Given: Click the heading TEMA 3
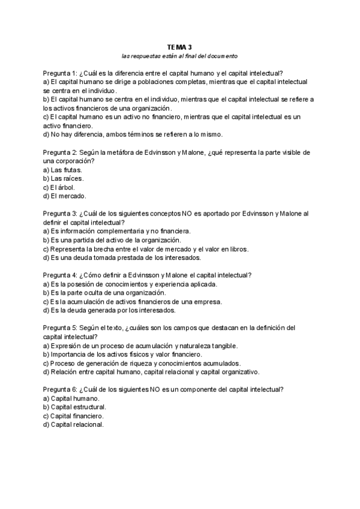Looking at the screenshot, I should tap(179, 46).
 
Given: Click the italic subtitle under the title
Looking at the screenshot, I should tap(179, 56).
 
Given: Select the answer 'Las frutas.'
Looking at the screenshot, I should tap(66, 170).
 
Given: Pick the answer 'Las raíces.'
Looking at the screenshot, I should tap(67, 178).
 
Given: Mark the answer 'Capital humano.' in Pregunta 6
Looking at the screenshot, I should tap(75, 399).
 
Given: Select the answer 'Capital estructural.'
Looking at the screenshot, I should tap(80, 407).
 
